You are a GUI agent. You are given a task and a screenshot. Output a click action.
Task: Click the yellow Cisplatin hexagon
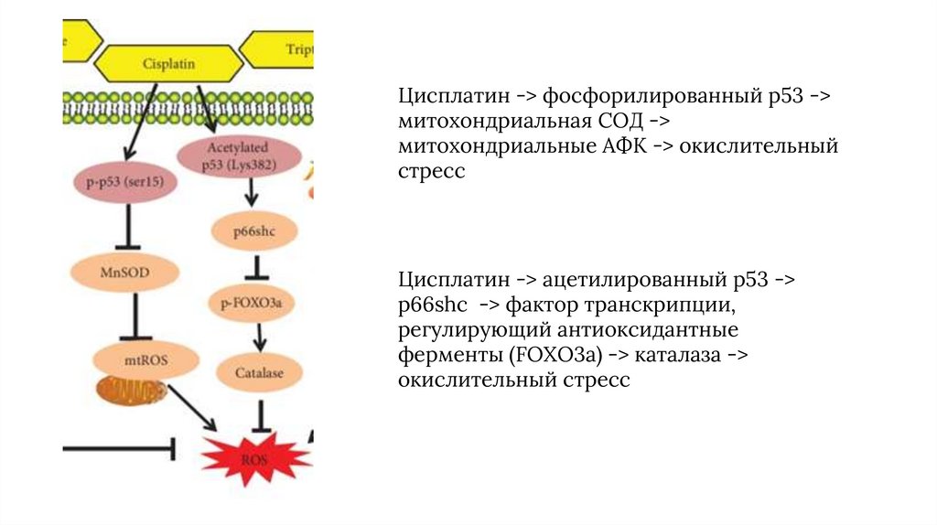coord(169,63)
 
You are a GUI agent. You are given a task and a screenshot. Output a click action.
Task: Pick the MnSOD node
coord(125,272)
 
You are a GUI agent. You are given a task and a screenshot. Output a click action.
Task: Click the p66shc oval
coord(253,233)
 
